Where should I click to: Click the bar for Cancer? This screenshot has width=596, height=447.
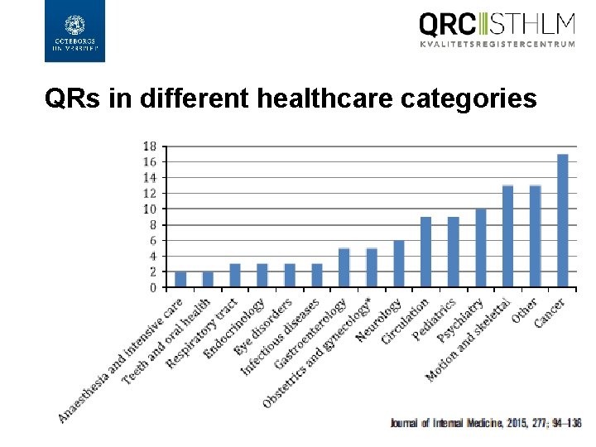pos(563,220)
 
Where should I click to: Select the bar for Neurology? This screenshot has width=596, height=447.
pos(399,263)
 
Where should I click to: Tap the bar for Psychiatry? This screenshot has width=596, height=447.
pos(481,248)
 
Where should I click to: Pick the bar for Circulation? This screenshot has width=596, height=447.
pos(426,252)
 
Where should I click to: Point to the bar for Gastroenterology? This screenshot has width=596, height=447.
pos(344,267)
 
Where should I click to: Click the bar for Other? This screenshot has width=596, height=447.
pos(536,236)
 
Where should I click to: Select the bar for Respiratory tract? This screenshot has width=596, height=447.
pos(235,276)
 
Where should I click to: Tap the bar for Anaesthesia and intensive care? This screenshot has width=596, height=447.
pos(180,279)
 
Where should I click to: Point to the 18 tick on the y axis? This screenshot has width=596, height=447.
pos(150,146)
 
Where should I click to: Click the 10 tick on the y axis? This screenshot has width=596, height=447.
pos(150,209)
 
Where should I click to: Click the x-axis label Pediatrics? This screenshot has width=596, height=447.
pos(435,319)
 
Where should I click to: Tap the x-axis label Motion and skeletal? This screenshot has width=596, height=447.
pos(469,339)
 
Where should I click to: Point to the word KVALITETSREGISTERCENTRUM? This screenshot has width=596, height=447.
pos(497,44)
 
